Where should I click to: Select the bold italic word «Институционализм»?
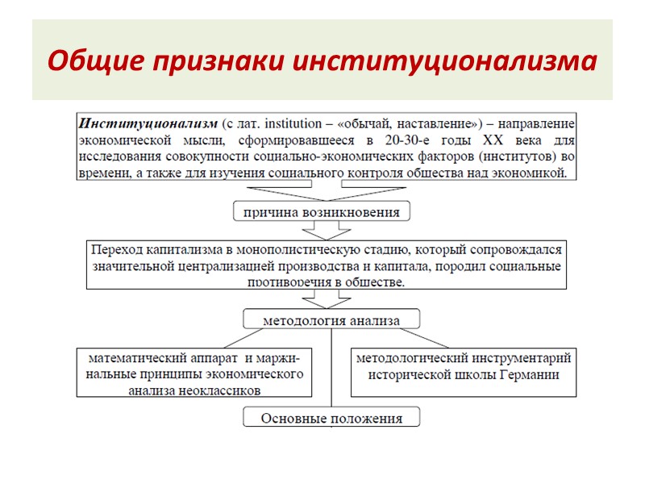coord(148,123)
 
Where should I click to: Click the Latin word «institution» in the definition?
coord(294,123)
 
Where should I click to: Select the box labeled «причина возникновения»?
coord(322,211)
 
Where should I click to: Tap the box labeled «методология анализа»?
coord(331,320)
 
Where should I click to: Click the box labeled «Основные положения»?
coord(331,418)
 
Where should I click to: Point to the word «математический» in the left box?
coord(132,357)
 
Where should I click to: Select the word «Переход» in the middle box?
coord(116,249)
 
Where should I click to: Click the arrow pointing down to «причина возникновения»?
coord(322,190)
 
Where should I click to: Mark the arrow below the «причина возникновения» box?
coord(322,230)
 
